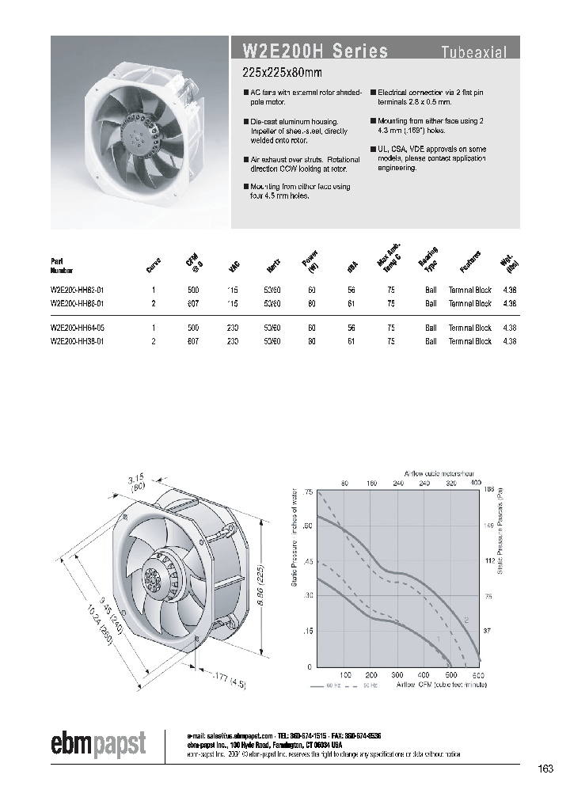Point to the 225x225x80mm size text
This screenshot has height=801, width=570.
point(283,74)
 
